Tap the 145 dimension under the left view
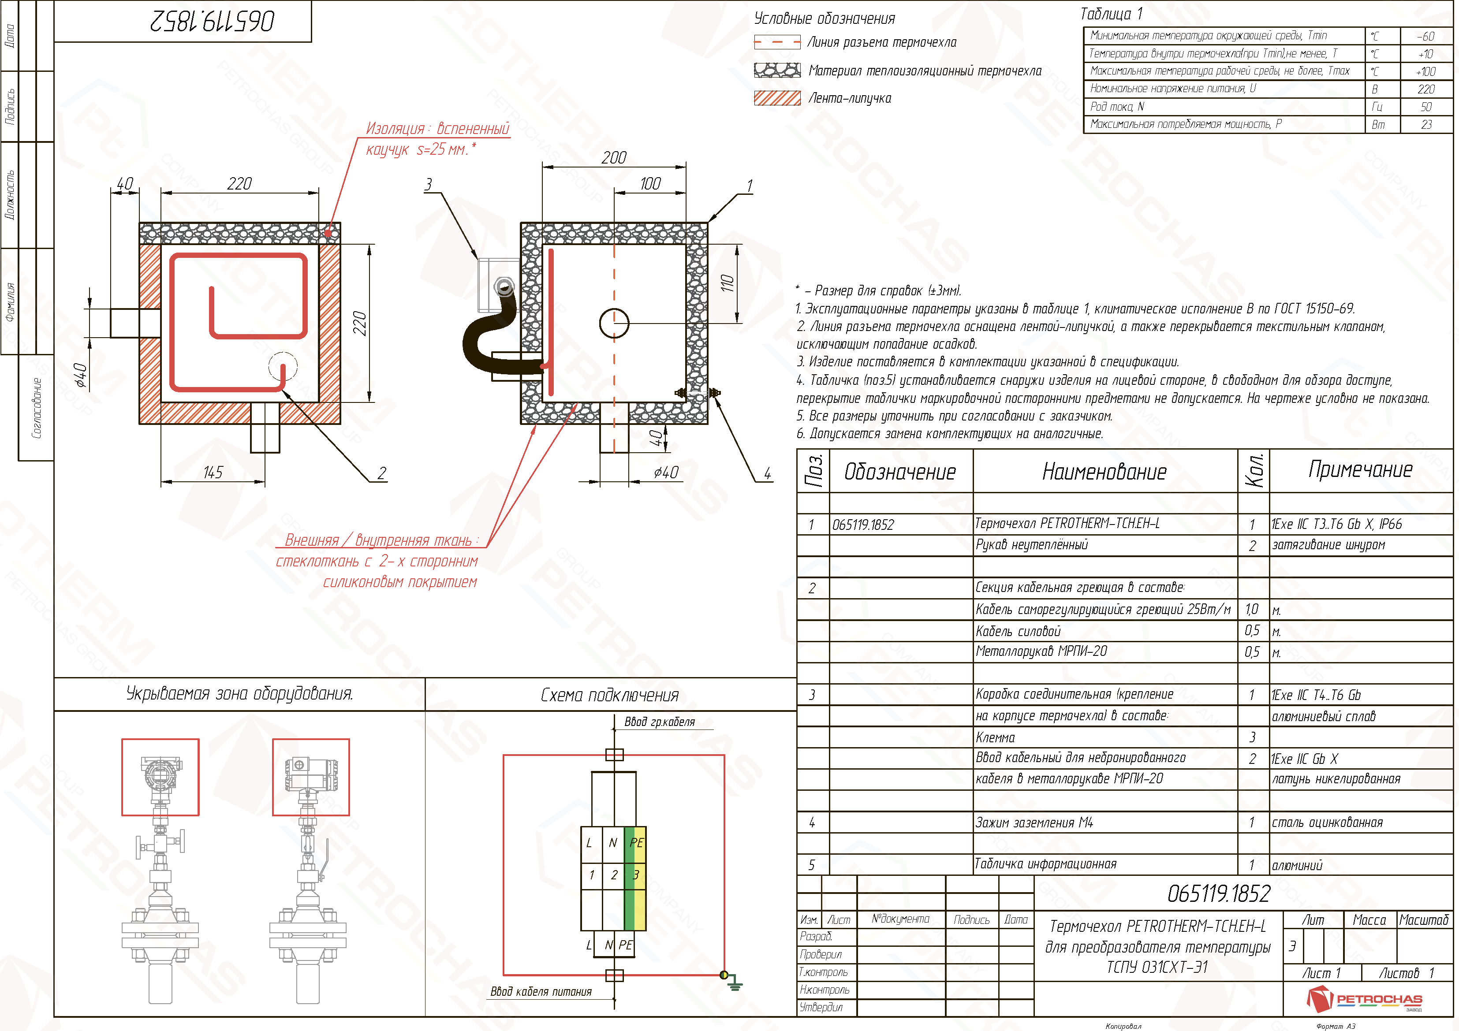point(213,473)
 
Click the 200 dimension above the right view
point(614,157)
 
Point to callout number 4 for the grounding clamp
point(767,473)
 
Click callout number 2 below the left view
point(381,473)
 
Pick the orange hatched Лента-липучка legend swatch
point(776,98)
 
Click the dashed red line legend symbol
point(776,43)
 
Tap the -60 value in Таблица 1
point(1425,36)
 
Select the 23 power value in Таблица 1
point(1426,124)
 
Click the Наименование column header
point(1105,472)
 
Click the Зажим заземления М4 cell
point(1034,823)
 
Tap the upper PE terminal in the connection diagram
point(636,843)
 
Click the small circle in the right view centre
point(614,324)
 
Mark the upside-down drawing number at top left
point(212,22)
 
